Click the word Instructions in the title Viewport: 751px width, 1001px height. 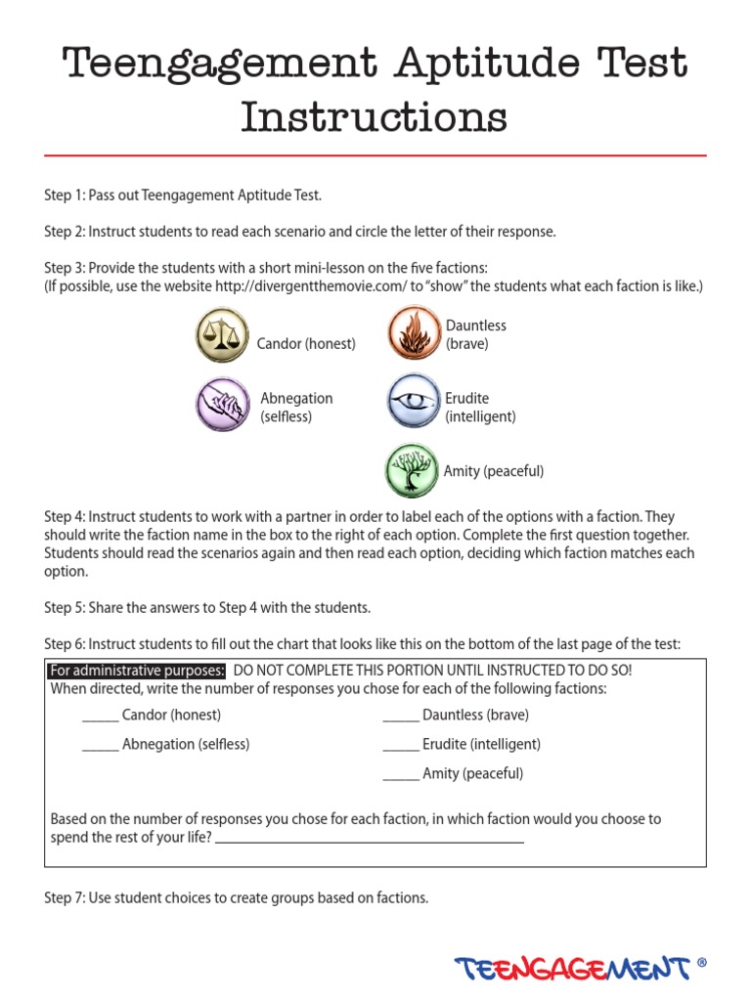[375, 118]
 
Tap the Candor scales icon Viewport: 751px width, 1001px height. [223, 335]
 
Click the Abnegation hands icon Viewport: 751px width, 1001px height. [223, 404]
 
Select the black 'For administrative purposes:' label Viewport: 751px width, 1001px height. [137, 671]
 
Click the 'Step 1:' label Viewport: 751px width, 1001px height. [65, 196]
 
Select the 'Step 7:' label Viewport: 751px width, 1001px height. [65, 897]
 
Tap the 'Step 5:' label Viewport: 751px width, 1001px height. [65, 608]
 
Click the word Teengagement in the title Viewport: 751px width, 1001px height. [219, 64]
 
